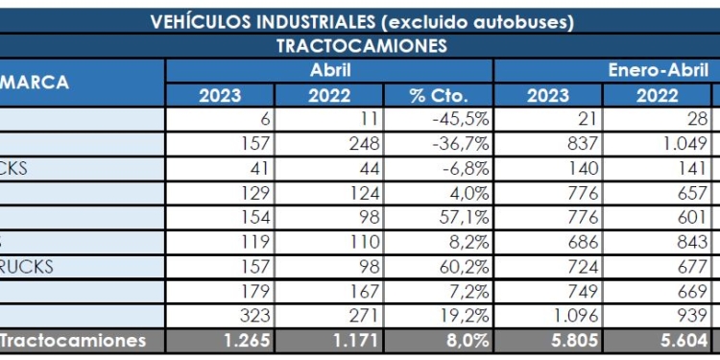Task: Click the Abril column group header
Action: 329,70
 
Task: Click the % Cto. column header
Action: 438,95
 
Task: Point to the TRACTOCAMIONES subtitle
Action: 362,46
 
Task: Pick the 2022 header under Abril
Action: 329,95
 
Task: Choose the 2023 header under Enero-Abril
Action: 548,95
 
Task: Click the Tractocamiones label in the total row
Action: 73,341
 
